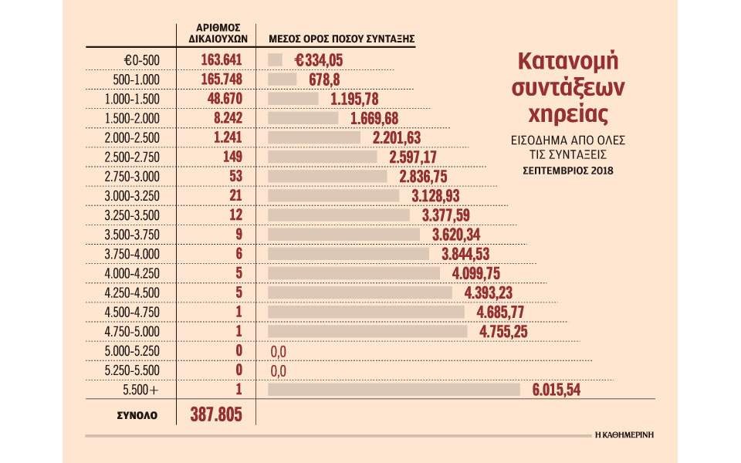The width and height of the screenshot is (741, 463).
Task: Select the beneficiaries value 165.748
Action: pyautogui.click(x=211, y=79)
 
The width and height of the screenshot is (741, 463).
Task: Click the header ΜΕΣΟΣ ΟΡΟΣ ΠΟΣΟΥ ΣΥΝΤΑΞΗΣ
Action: pyautogui.click(x=342, y=37)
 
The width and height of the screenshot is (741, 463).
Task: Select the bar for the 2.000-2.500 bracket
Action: pyautogui.click(x=314, y=137)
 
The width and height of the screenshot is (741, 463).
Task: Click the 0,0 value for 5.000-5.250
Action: pyautogui.click(x=279, y=352)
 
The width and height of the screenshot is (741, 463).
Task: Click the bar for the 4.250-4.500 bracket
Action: pyautogui.click(x=360, y=293)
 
